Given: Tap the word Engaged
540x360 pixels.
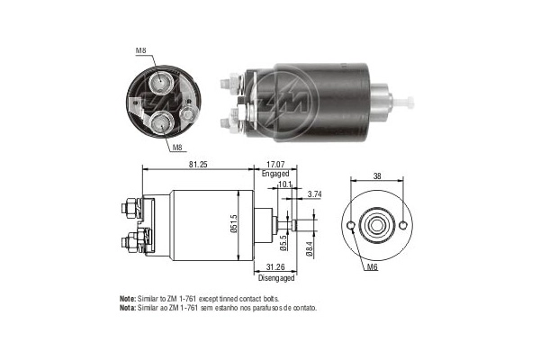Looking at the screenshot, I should click(x=275, y=174).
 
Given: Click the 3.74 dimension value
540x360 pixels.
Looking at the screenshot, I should click(x=314, y=193).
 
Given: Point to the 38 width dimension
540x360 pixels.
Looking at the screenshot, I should click(x=375, y=177).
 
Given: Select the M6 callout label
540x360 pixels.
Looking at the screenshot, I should click(x=373, y=267).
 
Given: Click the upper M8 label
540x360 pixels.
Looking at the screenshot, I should click(x=140, y=51).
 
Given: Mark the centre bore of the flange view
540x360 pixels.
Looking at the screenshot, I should click(x=375, y=225).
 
